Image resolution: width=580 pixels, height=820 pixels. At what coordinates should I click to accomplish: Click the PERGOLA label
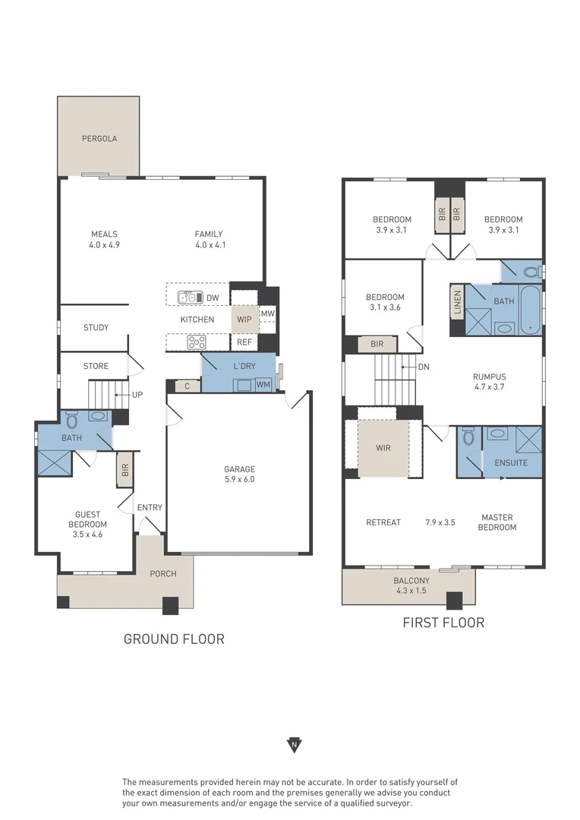coord(99,139)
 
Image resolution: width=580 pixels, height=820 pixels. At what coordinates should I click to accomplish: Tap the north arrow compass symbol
coord(293,744)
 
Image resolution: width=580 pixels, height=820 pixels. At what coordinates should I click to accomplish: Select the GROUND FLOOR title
coord(174,639)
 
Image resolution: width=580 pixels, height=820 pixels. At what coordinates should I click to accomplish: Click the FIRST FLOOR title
coord(443,623)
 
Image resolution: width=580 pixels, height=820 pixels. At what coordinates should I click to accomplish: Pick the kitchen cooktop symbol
coord(197,342)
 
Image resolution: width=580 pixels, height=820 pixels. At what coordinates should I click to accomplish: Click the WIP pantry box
coord(244,320)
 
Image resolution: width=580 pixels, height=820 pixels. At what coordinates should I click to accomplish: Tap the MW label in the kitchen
coord(268,314)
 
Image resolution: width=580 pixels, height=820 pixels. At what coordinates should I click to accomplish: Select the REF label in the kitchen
coord(244,342)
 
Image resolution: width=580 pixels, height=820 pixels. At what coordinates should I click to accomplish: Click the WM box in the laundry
coord(263,385)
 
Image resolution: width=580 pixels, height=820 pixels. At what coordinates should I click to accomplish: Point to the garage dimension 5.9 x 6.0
coord(239,479)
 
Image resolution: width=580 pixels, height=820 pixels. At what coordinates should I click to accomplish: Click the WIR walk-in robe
coord(383,448)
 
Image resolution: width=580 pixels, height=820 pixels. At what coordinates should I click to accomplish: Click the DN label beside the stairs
coord(424,367)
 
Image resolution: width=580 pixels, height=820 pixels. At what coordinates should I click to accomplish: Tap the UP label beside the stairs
coord(137,395)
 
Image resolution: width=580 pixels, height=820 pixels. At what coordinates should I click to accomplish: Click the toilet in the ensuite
coord(468,438)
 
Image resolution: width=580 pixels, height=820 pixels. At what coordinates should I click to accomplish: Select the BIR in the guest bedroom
coord(125,470)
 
